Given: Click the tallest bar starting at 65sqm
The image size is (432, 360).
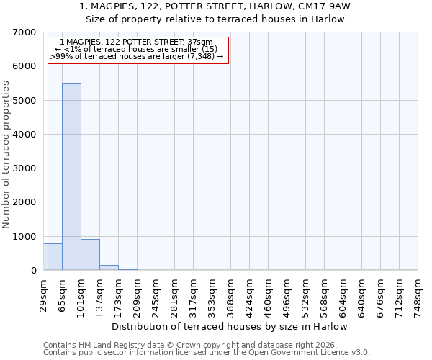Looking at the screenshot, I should pos(71,176).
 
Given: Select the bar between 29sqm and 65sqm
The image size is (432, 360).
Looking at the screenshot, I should pos(53,257).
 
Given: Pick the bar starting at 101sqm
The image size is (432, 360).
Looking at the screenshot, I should pos(90,255).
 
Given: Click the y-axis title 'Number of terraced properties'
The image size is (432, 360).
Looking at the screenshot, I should pos(6,155).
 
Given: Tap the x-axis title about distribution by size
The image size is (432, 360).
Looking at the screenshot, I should pos(230,326).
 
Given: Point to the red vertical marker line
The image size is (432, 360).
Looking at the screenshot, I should pos(48,158).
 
